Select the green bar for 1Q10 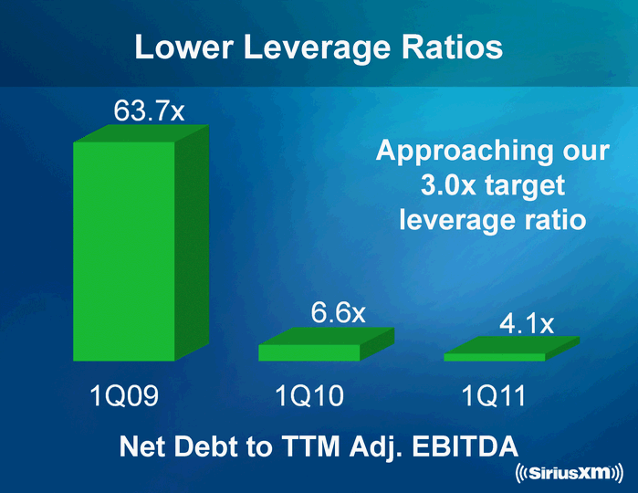tap(310, 351)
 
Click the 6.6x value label tap(338, 313)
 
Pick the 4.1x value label tap(526, 323)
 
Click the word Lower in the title tap(180, 47)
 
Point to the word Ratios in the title tap(454, 47)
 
